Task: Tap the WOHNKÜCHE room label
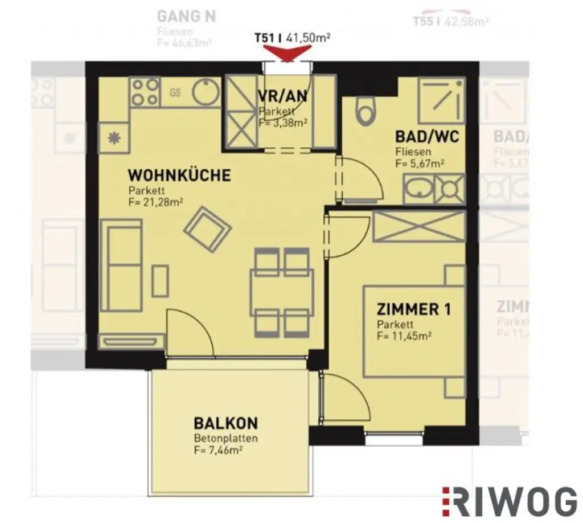(x=179, y=175)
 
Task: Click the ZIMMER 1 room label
(x=414, y=309)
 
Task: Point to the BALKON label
(x=225, y=423)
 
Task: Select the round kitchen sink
(x=206, y=91)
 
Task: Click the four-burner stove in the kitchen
(x=145, y=92)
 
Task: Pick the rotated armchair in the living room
(x=207, y=228)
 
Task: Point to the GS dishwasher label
(x=175, y=92)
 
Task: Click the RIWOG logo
(x=508, y=502)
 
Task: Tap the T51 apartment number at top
(x=265, y=38)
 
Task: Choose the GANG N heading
(x=186, y=16)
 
